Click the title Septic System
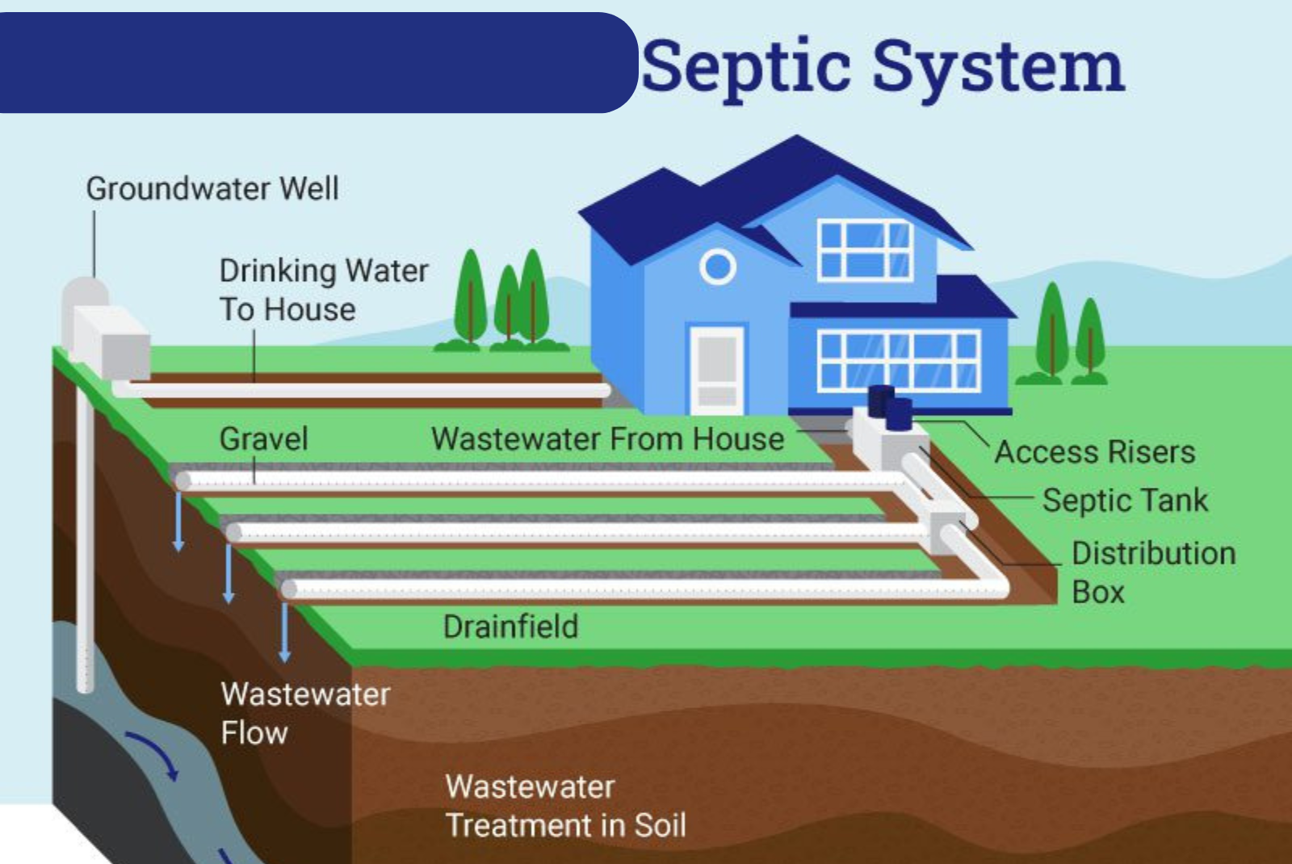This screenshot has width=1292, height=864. (882, 66)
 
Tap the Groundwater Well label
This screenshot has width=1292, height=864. (212, 189)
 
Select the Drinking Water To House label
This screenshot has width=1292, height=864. (323, 290)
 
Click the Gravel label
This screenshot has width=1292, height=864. (263, 439)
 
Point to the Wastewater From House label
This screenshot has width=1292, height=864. (607, 439)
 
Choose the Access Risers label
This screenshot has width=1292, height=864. (1094, 452)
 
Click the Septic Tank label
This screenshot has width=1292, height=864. (1125, 501)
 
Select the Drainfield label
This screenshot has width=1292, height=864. (510, 627)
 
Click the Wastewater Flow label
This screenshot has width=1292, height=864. (304, 714)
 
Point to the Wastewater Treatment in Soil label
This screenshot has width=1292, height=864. (565, 806)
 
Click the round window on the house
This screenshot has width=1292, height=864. (717, 266)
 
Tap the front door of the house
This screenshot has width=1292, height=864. (716, 368)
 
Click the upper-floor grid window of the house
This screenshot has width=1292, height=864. (865, 250)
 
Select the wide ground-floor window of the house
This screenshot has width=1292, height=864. (898, 360)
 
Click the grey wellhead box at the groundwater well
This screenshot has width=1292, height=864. (113, 343)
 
